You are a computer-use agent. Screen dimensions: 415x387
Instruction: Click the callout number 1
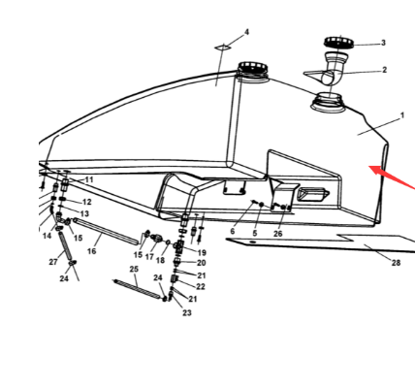(x=402, y=115)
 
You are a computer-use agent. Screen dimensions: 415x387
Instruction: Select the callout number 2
(x=384, y=70)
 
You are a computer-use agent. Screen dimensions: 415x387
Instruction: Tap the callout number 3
(x=383, y=43)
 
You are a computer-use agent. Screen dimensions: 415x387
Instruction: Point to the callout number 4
(x=247, y=32)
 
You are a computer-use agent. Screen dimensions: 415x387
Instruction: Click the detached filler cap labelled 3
(x=338, y=42)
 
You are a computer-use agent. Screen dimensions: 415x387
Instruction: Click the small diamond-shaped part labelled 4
(x=223, y=48)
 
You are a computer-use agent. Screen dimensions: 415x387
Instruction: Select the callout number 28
(x=396, y=263)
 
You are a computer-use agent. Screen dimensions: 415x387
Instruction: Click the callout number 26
(x=278, y=234)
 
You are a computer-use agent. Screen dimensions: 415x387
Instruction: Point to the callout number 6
(x=233, y=232)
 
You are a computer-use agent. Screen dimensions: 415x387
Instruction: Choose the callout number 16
(x=92, y=251)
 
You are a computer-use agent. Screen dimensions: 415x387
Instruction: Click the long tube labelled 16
(x=108, y=232)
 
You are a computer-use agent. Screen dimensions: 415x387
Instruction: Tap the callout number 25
(x=134, y=269)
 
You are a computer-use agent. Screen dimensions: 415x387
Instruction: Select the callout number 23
(x=187, y=312)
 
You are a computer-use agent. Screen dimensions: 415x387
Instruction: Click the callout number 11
(x=89, y=179)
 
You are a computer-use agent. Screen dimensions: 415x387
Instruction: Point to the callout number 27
(x=53, y=262)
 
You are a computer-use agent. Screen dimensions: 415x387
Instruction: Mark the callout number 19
(x=202, y=252)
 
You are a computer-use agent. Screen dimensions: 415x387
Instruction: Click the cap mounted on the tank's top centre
(x=253, y=70)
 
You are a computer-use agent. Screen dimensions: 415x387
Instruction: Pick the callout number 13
(x=84, y=213)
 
